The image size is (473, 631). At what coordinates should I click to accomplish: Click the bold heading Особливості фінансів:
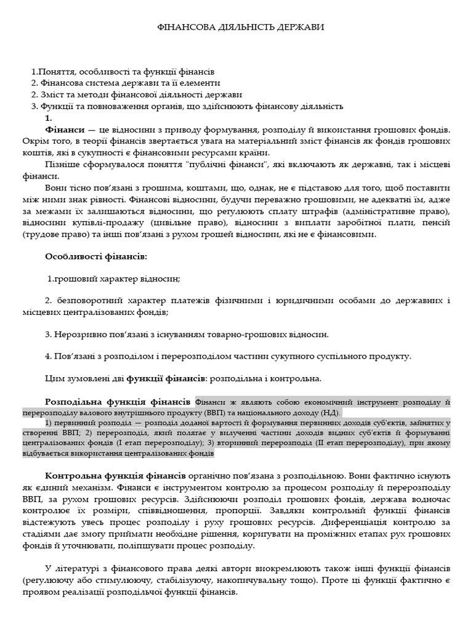(96, 256)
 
